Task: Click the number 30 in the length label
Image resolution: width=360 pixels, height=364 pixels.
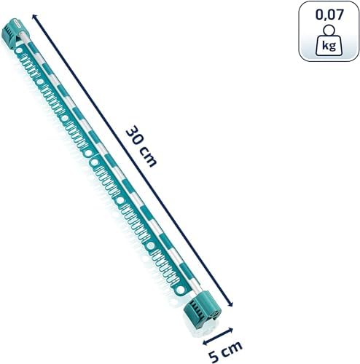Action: coord(135,136)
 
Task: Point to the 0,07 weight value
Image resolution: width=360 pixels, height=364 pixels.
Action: coord(329,15)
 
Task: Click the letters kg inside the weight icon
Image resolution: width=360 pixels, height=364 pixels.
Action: coord(329,46)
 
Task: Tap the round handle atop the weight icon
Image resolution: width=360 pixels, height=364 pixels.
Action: coord(329,30)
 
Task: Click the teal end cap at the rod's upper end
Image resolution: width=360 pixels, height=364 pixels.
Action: coord(13,31)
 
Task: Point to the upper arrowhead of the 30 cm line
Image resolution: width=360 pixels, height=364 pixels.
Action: coord(34,16)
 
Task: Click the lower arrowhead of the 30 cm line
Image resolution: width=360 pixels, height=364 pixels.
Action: coord(231,304)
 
